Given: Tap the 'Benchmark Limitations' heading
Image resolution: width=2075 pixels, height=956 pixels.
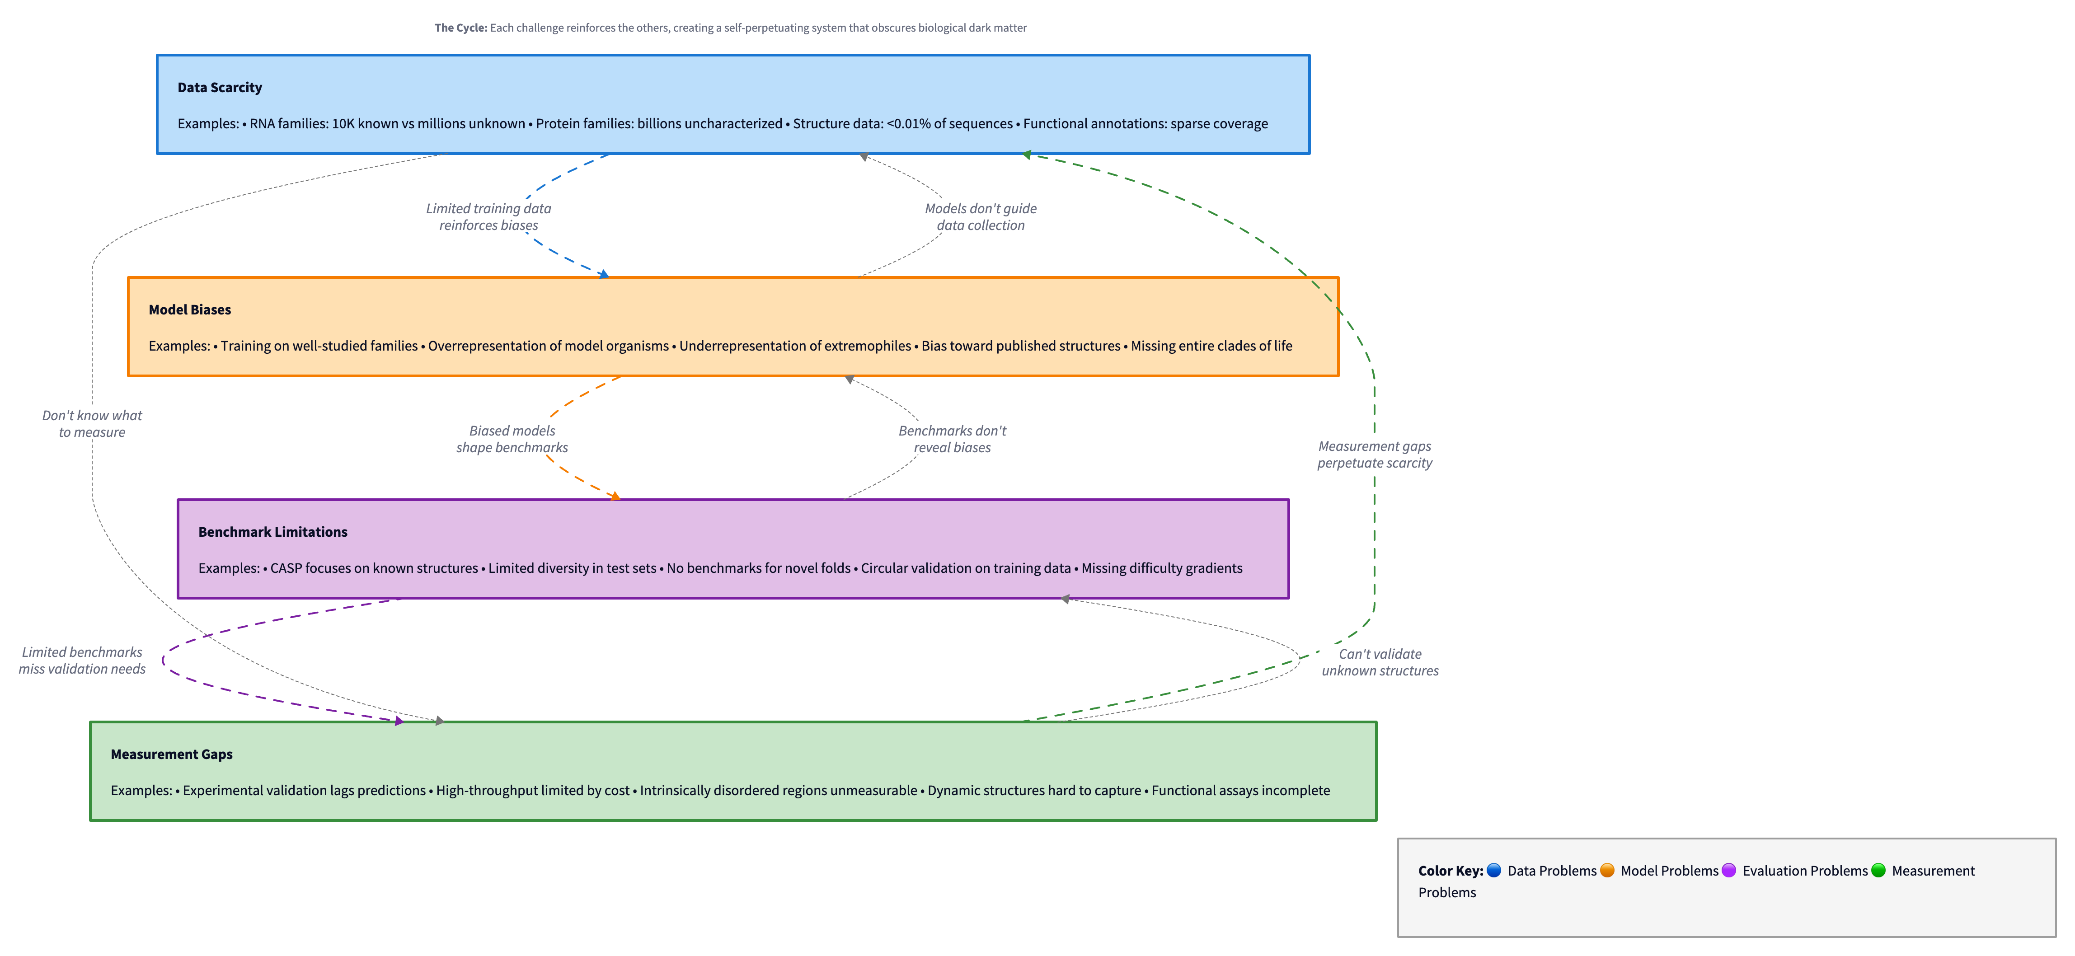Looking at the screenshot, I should tap(272, 532).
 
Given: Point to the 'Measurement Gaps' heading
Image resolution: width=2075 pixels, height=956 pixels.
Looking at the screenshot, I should tap(172, 754).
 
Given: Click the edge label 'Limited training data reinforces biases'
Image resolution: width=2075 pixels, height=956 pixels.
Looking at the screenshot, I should tap(488, 217).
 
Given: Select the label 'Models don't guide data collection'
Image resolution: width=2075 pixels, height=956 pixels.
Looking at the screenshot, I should tap(980, 217).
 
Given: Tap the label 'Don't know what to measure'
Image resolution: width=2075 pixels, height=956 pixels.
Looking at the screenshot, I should tap(92, 424).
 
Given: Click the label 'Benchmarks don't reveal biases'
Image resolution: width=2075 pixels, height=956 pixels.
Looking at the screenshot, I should tap(952, 439).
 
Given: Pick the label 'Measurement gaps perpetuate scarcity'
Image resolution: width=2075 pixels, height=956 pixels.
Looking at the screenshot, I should tap(1374, 454).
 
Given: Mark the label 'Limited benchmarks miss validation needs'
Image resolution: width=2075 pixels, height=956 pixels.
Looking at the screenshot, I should tap(82, 661).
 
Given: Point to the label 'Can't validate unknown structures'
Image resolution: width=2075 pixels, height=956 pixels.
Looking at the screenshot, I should tap(1380, 662).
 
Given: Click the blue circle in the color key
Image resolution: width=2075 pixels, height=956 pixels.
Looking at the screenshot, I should tap(1493, 870).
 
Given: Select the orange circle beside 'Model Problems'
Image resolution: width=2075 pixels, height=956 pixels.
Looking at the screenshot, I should tap(1607, 870).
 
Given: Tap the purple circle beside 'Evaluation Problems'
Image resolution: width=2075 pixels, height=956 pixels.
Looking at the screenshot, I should tap(1728, 870).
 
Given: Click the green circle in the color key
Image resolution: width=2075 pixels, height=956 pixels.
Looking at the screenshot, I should tap(1878, 870).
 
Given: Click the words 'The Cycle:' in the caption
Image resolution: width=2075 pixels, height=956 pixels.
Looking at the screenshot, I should tap(461, 28).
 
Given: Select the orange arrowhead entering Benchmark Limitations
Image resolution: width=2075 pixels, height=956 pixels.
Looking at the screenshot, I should tap(616, 496).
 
